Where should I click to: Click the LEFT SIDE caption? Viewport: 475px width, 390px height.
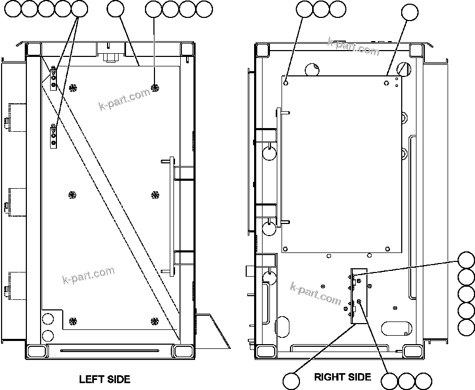pos(104,379)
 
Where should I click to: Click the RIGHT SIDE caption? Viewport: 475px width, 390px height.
pos(342,377)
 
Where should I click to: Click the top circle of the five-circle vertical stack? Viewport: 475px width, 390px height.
pos(467,261)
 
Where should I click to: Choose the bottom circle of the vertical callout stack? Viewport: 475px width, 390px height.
pos(467,327)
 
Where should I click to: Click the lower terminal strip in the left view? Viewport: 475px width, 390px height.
pos(53,137)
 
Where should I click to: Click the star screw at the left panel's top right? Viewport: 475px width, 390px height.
pos(154,87)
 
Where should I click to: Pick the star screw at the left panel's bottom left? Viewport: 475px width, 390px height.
pos(73,320)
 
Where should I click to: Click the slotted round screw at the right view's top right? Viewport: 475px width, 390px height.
pos(405,69)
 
